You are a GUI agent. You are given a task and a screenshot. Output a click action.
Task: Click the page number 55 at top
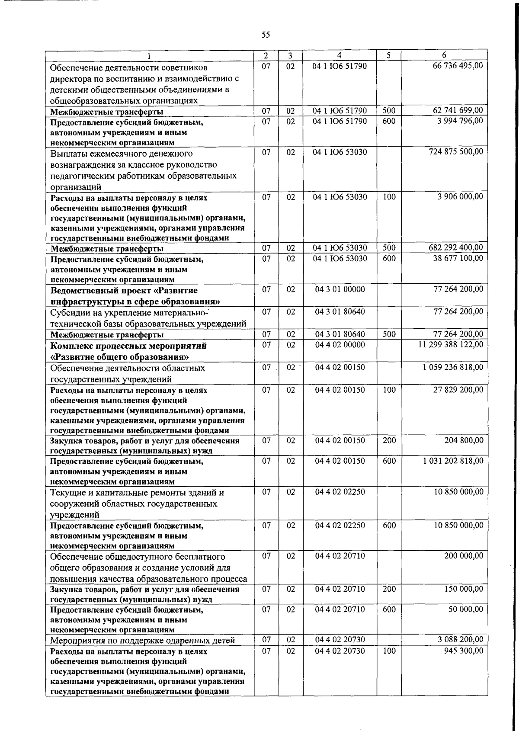tap(266, 35)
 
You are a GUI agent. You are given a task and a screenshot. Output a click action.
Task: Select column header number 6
tap(444, 55)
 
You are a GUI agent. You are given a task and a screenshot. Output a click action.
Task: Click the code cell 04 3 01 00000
tap(340, 289)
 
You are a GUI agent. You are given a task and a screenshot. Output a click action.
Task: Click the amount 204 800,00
tap(464, 440)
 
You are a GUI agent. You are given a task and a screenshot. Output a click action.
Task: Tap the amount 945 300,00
tap(464, 651)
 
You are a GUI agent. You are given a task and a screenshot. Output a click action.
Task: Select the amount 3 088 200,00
tap(460, 639)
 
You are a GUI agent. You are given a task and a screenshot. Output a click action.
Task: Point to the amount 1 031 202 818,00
tap(453, 461)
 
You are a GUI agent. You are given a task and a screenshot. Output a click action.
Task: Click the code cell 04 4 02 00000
tap(340, 345)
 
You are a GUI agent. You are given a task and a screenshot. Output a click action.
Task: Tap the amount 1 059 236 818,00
tap(453, 367)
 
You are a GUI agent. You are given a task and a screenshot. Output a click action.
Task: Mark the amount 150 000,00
tap(464, 589)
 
